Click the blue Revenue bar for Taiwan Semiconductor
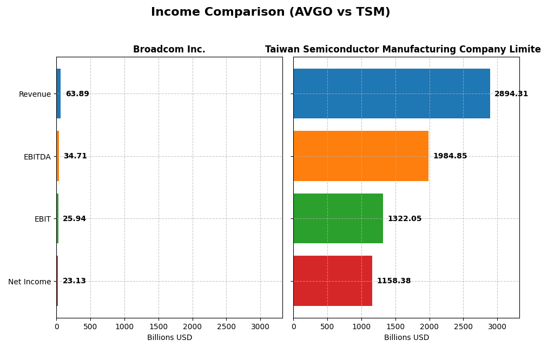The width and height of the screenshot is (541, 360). (x=392, y=94)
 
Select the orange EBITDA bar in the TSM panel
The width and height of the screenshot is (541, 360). (x=361, y=156)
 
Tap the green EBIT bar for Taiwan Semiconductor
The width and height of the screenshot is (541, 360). (x=338, y=218)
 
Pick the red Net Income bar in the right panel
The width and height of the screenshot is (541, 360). (x=333, y=281)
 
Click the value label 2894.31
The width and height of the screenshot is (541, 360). (x=511, y=94)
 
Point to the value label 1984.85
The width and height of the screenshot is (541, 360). (x=450, y=156)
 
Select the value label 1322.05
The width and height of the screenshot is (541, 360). (x=404, y=219)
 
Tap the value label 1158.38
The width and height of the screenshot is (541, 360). (x=393, y=281)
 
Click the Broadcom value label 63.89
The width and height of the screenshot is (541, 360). (x=77, y=94)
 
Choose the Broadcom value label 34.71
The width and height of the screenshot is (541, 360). (x=75, y=156)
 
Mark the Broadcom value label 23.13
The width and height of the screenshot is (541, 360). (x=74, y=281)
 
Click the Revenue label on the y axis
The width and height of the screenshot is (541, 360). (x=35, y=95)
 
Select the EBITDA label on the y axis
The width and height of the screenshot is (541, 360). (x=37, y=157)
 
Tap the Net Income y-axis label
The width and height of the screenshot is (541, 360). (x=29, y=282)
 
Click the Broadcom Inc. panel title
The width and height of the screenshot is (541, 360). (x=169, y=50)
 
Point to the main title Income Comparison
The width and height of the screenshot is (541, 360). (x=270, y=12)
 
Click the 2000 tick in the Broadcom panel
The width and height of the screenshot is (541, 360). (x=192, y=326)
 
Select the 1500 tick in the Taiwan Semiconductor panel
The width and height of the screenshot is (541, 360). (x=395, y=326)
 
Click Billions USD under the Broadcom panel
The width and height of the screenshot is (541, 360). (x=169, y=338)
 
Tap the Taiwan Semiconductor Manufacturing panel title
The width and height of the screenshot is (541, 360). (x=403, y=50)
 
